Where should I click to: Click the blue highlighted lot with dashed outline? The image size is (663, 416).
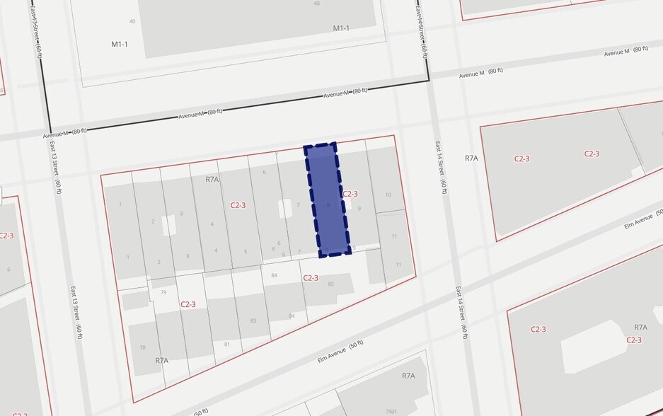pos(327,200)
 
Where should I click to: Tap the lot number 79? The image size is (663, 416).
pos(163,291)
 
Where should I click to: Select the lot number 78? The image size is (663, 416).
pos(142,347)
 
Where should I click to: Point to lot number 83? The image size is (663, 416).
pos(253,320)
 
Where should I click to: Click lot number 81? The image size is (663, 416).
pos(227,345)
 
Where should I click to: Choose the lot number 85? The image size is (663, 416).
pos(330,284)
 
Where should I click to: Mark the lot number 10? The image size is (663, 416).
pos(388,195)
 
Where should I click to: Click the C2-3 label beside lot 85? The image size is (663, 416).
pos(311,278)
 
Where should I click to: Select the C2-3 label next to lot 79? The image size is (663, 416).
pos(188,304)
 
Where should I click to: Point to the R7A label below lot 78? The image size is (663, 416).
pos(162,360)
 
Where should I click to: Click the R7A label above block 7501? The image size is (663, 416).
pos(408,376)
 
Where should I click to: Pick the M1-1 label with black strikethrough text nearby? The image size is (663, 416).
pos(342,28)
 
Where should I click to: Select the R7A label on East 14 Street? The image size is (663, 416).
pos(472,158)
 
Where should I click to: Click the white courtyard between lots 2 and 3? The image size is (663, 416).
pos(169,225)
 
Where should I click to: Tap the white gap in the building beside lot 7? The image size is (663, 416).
pos(285,208)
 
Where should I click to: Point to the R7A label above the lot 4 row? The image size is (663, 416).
pos(212,180)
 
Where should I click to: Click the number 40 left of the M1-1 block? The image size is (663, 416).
pos(132,21)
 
